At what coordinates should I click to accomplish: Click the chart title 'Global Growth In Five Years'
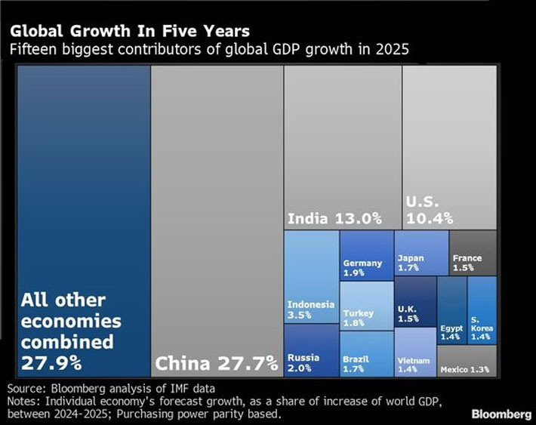coord(129,32)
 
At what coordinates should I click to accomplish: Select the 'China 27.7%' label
coord(217,365)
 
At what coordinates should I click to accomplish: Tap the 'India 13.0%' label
coord(334,219)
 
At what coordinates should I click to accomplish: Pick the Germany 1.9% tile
coord(366,256)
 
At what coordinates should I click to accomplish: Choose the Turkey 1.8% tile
coord(366,306)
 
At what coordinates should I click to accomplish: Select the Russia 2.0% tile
coord(311,350)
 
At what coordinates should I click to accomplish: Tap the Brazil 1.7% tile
coord(366,354)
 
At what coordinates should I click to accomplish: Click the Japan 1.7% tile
coord(421,253)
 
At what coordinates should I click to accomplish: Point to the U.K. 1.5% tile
coord(415,301)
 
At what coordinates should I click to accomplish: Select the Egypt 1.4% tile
coord(452,310)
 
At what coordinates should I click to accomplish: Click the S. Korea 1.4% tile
coord(482,310)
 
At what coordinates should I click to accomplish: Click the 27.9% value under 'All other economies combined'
coord(51,362)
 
